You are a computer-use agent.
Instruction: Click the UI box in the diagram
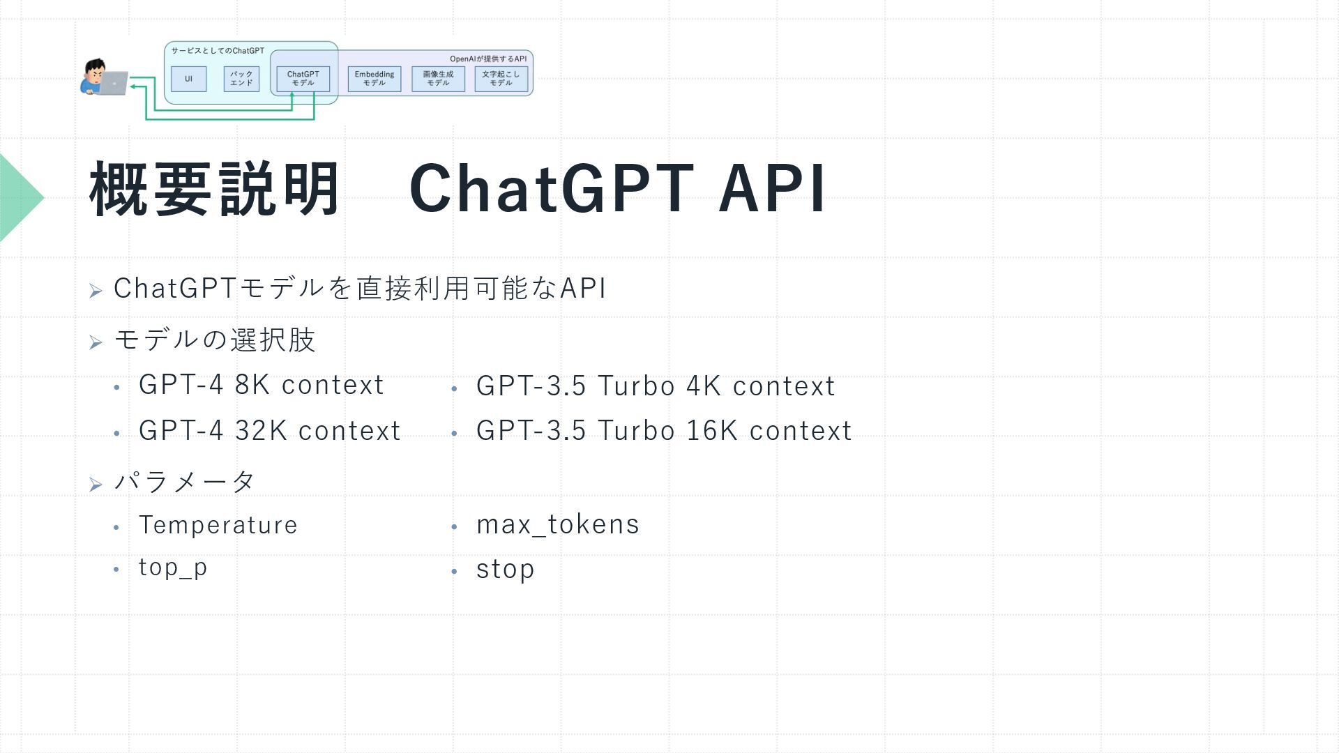click(188, 79)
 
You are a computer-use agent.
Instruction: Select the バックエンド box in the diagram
click(241, 79)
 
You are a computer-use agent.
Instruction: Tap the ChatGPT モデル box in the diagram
click(303, 79)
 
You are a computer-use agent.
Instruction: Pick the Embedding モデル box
click(375, 79)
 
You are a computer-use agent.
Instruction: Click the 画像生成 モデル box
click(438, 79)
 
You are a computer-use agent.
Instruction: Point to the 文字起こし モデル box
click(501, 79)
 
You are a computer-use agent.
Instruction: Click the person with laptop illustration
click(103, 77)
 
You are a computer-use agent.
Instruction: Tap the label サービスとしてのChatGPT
click(218, 51)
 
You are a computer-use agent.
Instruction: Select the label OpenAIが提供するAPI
click(488, 59)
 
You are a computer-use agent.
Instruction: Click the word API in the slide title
click(772, 188)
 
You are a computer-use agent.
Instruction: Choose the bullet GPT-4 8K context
click(262, 385)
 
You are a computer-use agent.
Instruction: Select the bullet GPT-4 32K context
click(270, 431)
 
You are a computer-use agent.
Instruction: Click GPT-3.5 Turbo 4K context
click(656, 386)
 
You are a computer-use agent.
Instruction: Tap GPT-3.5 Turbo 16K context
click(664, 431)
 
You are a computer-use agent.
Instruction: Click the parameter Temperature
click(218, 525)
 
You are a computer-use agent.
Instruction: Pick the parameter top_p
click(173, 568)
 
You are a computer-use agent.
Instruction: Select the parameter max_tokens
click(558, 525)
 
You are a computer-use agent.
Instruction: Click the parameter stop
click(506, 570)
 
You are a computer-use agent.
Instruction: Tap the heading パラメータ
click(185, 481)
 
